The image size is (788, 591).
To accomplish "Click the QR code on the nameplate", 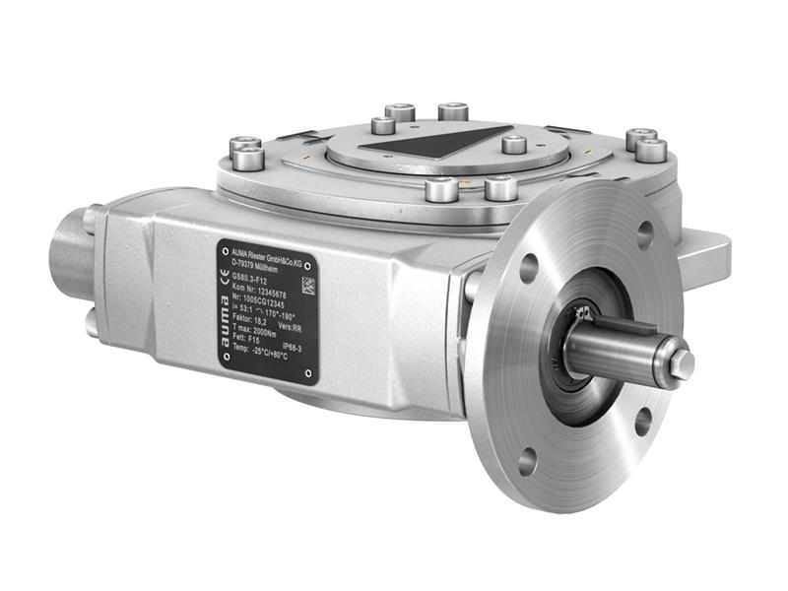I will tap(306, 286).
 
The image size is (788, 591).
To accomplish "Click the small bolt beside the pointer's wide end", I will tap(513, 145).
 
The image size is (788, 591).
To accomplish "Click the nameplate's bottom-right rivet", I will tap(310, 374).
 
